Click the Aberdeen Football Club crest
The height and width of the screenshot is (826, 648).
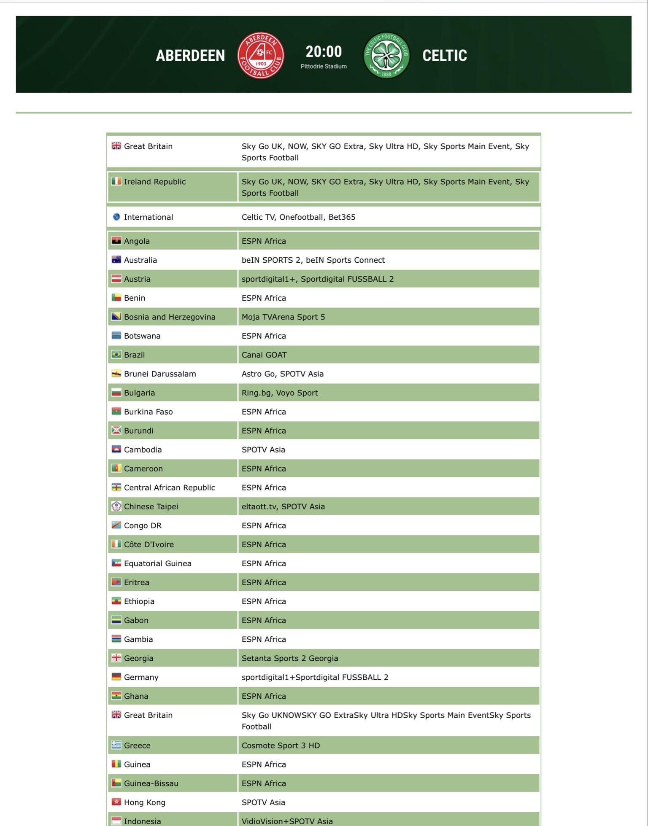(260, 55)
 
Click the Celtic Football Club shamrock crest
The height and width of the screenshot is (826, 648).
(386, 55)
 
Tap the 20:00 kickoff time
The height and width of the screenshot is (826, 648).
(324, 51)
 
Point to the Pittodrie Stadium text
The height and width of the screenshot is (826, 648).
(324, 66)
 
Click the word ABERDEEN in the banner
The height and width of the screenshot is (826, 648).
(190, 56)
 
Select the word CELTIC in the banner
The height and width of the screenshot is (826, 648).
(445, 56)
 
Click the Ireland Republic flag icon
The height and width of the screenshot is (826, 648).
(116, 181)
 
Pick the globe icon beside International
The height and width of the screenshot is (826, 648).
(116, 217)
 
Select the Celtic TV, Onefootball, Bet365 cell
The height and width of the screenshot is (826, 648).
(298, 217)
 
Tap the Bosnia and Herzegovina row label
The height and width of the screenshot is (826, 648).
(170, 317)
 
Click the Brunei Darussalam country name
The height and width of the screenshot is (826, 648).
(160, 374)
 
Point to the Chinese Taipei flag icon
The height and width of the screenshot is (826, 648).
(116, 506)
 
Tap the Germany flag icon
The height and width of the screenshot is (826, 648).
(116, 677)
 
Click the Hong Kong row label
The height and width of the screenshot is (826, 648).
(144, 802)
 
